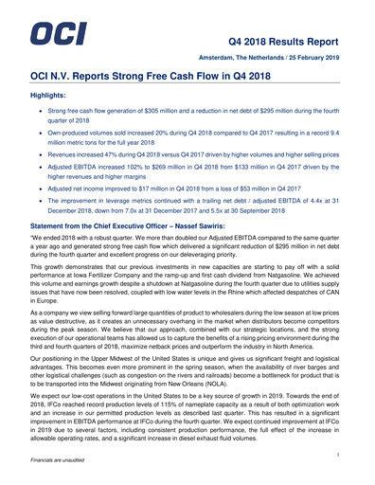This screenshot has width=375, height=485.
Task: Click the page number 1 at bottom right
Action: (338, 458)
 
